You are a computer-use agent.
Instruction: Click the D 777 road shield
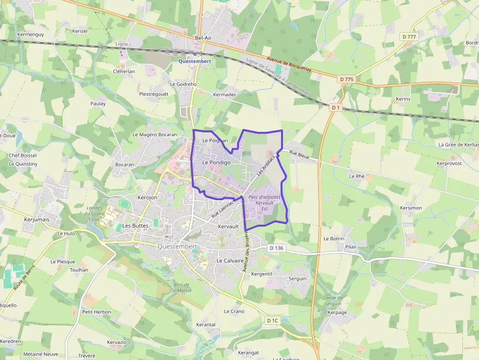(x=409, y=37)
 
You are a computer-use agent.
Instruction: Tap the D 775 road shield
(x=346, y=79)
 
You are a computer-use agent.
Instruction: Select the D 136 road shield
(x=276, y=248)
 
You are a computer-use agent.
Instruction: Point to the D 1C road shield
(x=273, y=320)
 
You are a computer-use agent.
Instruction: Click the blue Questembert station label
(x=195, y=61)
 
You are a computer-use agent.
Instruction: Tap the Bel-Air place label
(x=203, y=38)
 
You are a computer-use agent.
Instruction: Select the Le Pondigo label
(x=216, y=162)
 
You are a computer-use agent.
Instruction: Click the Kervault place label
(x=228, y=227)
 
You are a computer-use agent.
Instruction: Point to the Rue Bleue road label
(x=299, y=155)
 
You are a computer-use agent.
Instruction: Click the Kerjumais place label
(x=37, y=220)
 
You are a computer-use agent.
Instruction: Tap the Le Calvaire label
(x=230, y=261)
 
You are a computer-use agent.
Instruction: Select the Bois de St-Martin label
(x=181, y=288)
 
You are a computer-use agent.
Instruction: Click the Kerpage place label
(x=337, y=313)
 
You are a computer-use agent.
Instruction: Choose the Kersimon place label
(x=411, y=208)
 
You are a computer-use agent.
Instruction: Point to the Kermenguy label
(x=30, y=35)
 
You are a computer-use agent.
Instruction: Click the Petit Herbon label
(x=97, y=312)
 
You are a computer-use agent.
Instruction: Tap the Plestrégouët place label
(x=153, y=94)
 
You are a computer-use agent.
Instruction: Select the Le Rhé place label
(x=357, y=176)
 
